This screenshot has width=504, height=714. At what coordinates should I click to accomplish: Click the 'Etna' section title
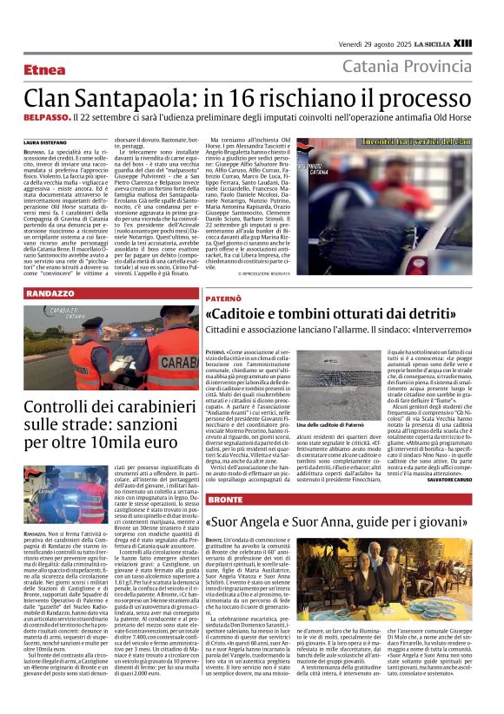point(46,69)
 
